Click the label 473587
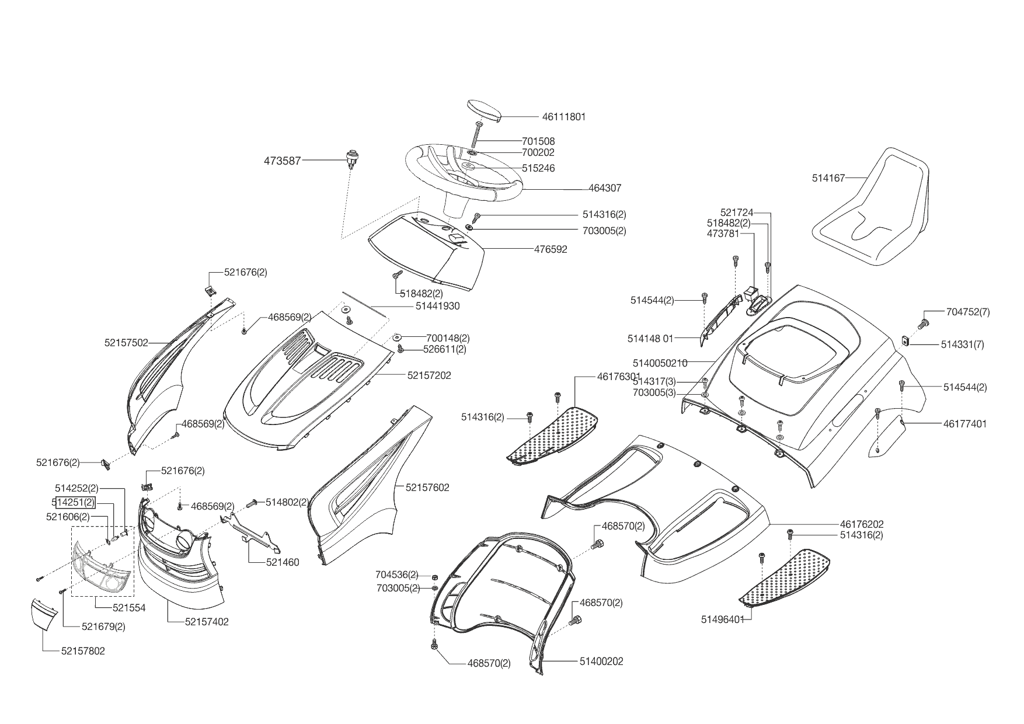tap(282, 161)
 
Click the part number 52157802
tap(83, 651)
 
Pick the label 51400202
tap(601, 662)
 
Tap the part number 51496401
tap(723, 619)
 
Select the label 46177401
tap(964, 424)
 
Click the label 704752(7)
tap(968, 312)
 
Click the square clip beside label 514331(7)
tap(906, 341)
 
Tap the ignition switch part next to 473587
tap(351, 159)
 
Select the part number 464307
tap(605, 189)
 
